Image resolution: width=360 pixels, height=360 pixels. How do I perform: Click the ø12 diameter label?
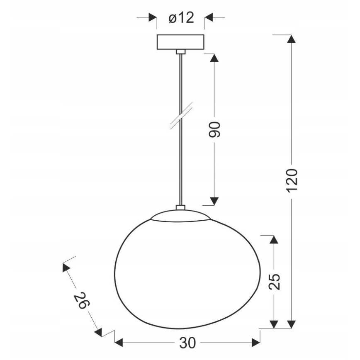tap(181, 18)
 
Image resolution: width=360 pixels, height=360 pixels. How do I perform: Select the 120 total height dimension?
tap(292, 180)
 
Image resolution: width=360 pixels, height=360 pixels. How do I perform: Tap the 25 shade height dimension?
tap(274, 282)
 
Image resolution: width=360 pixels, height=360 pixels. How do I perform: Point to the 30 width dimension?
tap(187, 343)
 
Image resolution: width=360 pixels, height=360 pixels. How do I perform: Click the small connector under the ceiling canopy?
tap(180, 51)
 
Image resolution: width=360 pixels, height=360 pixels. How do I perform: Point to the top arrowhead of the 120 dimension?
tap(292, 40)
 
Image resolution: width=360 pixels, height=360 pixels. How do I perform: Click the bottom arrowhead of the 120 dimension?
tap(292, 324)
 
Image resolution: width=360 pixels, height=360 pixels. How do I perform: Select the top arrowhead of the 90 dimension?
tap(214, 58)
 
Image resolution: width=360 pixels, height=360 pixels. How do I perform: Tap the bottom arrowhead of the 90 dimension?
tap(214, 201)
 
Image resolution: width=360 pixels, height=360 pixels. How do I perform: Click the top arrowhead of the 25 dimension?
tap(274, 239)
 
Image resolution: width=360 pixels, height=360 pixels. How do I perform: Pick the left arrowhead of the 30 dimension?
tap(119, 343)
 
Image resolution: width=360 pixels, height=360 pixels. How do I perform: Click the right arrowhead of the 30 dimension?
tap(255, 343)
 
